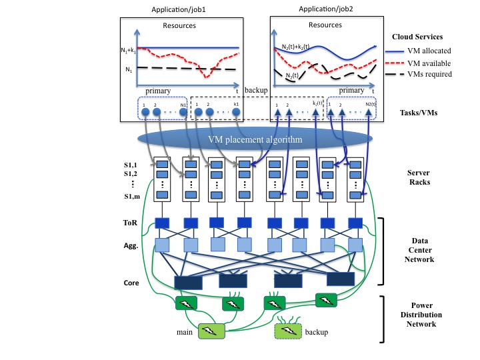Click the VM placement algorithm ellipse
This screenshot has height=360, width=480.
(254, 141)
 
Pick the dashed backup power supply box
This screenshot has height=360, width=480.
(289, 331)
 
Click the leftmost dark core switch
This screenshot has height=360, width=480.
(187, 283)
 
